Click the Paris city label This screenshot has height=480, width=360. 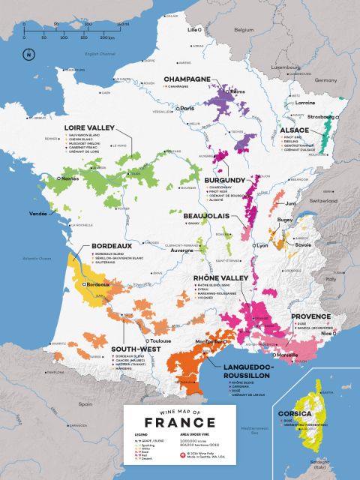[x=187, y=109]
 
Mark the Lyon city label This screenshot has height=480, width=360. [x=262, y=245]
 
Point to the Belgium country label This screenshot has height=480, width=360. [x=244, y=29]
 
